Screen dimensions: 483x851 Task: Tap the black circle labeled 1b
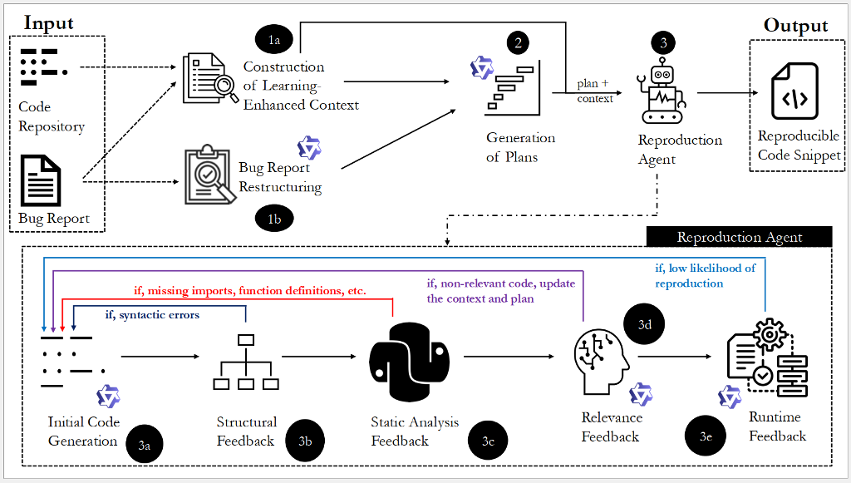(273, 219)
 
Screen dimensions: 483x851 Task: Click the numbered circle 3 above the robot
(662, 42)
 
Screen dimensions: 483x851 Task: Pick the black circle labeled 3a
(144, 446)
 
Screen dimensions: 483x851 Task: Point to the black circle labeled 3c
(488, 441)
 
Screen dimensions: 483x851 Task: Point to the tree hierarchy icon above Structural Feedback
(245, 363)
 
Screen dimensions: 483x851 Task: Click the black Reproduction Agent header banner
(739, 237)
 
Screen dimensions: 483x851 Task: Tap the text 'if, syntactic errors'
(152, 315)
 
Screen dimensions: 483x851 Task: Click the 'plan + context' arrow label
(595, 91)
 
